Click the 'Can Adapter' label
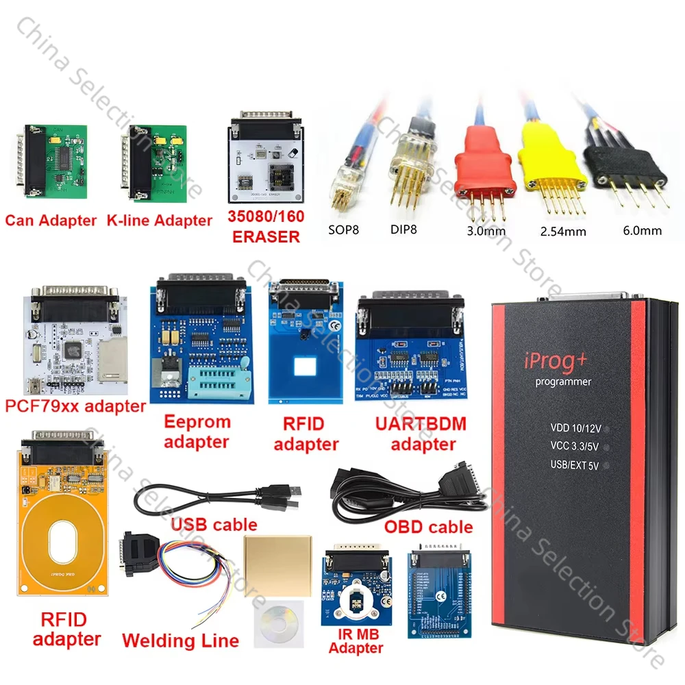(51, 221)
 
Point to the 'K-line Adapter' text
(159, 221)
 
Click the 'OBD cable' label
(429, 527)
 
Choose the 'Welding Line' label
(180, 641)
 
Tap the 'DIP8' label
(403, 230)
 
